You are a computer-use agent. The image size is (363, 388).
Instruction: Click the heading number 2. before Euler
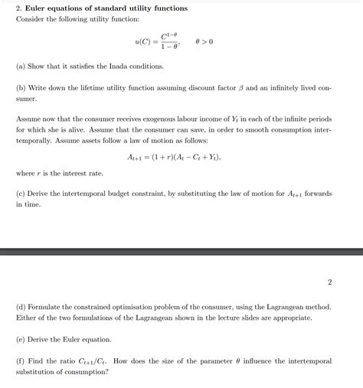pos(19,8)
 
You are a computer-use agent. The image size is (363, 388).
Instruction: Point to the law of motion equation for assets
pos(175,157)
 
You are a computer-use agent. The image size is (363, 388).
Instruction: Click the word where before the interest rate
pos(25,173)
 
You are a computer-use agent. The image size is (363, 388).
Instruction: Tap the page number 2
pos(330,282)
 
